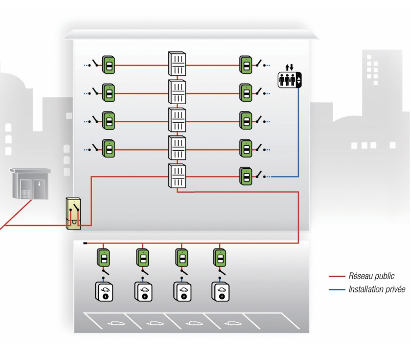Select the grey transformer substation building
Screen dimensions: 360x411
click(30, 185)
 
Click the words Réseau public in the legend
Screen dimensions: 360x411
click(371, 276)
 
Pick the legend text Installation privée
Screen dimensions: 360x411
click(377, 290)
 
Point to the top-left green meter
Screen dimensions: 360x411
click(109, 64)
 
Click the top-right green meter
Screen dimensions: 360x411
click(246, 64)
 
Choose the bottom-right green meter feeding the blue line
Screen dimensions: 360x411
click(246, 176)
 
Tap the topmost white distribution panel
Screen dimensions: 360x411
click(177, 64)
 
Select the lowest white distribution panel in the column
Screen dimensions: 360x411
click(177, 176)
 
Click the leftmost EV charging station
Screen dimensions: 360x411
click(104, 292)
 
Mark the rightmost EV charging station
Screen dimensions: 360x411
click(221, 292)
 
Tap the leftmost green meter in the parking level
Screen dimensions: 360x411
click(104, 257)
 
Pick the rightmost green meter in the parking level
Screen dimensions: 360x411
click(220, 257)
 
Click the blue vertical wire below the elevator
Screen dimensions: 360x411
click(298, 132)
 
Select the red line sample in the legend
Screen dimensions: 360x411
click(337, 277)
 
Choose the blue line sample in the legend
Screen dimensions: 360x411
click(337, 290)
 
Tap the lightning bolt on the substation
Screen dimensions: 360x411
click(39, 184)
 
